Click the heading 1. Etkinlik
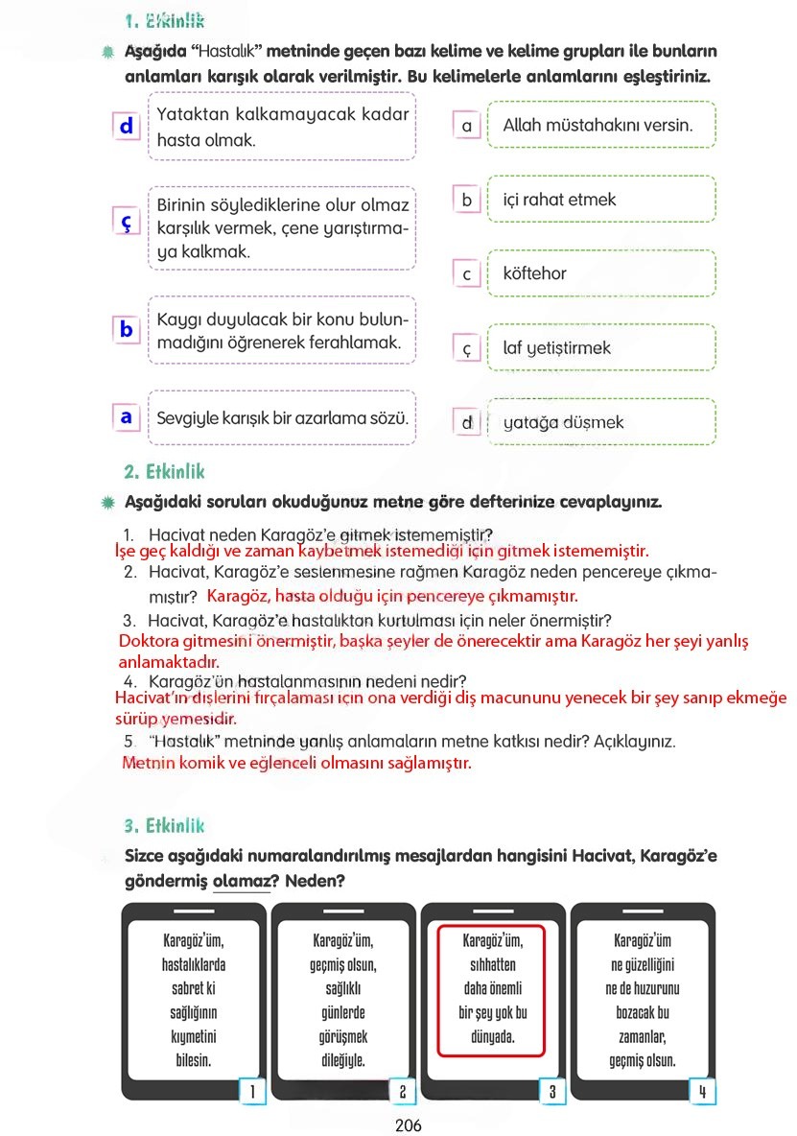pyautogui.click(x=164, y=21)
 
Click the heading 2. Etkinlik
pyautogui.click(x=164, y=472)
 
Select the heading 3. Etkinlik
pyautogui.click(x=164, y=825)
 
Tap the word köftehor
pyautogui.click(x=534, y=273)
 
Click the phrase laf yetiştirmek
pyautogui.click(x=556, y=347)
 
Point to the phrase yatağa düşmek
pyautogui.click(x=563, y=422)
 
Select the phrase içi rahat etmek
pyautogui.click(x=559, y=200)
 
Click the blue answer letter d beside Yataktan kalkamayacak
pyautogui.click(x=126, y=126)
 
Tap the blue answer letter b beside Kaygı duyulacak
pyautogui.click(x=126, y=329)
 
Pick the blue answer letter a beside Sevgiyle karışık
pyautogui.click(x=126, y=417)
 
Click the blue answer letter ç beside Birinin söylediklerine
pyautogui.click(x=126, y=221)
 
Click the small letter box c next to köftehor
pyautogui.click(x=467, y=274)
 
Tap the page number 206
pyautogui.click(x=408, y=1125)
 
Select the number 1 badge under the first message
pyautogui.click(x=251, y=1091)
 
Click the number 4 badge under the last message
pyautogui.click(x=702, y=1091)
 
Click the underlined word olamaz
pyautogui.click(x=240, y=880)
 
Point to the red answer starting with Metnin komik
pyautogui.click(x=297, y=764)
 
